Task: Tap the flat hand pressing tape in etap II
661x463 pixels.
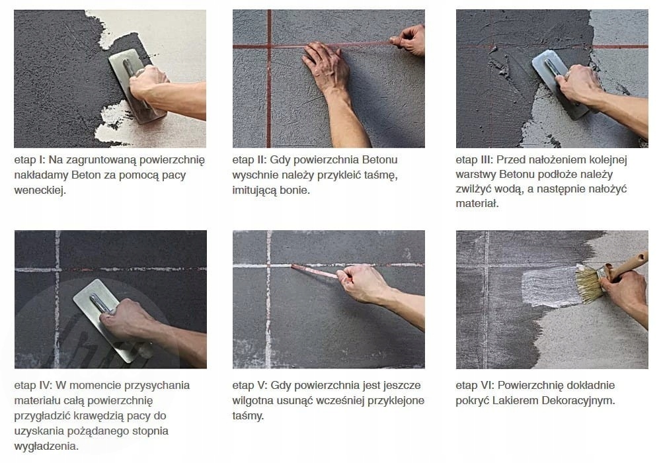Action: tap(327, 67)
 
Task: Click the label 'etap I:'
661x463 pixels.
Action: tap(30, 160)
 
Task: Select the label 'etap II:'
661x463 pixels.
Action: tap(249, 160)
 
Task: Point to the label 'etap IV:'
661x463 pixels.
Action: tap(33, 386)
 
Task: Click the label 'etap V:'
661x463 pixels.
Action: tap(250, 386)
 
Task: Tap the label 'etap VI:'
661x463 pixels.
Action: tap(475, 386)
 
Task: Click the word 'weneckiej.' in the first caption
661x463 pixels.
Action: tap(40, 190)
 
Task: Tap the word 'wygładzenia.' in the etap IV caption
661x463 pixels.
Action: tap(46, 446)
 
